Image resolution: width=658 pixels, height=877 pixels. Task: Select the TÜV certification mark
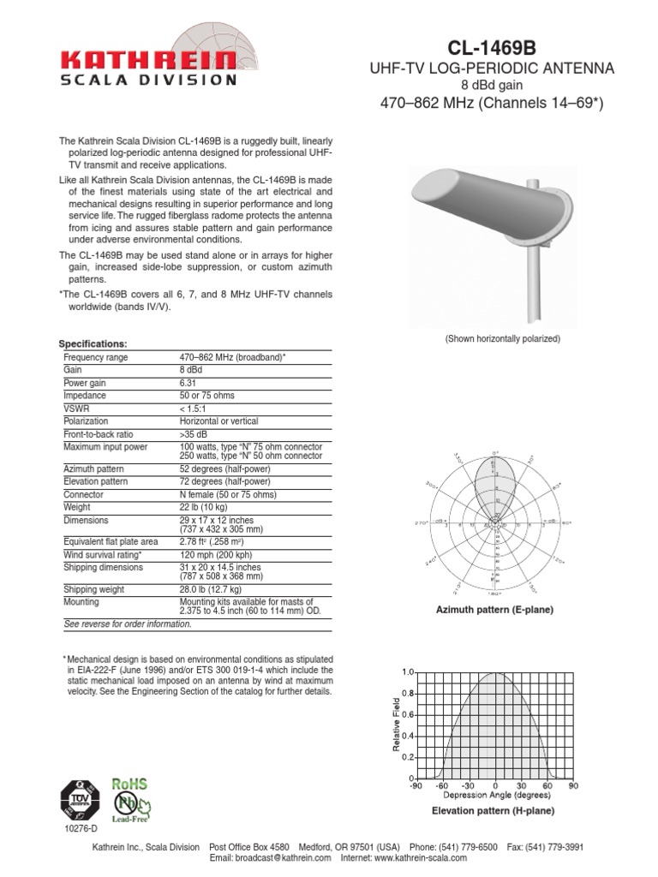[x=80, y=802]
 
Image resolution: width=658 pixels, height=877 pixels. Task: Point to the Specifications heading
[x=93, y=343]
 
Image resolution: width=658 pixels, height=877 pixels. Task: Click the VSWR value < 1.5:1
[x=195, y=409]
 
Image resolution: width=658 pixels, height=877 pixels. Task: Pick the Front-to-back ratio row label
[x=98, y=434]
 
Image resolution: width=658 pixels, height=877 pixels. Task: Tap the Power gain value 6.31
[x=188, y=383]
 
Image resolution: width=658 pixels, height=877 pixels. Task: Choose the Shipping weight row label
[x=93, y=589]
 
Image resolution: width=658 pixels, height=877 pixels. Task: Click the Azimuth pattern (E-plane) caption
[x=494, y=610]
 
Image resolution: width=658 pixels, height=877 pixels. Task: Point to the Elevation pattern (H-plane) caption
[x=493, y=810]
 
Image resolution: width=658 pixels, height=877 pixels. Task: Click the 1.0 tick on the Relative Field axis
[x=409, y=672]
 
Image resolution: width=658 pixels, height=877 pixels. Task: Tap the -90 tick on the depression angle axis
[x=416, y=785]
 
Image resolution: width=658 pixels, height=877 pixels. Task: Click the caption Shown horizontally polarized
[x=502, y=339]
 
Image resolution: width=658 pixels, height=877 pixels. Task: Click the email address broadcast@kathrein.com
[x=270, y=857]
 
